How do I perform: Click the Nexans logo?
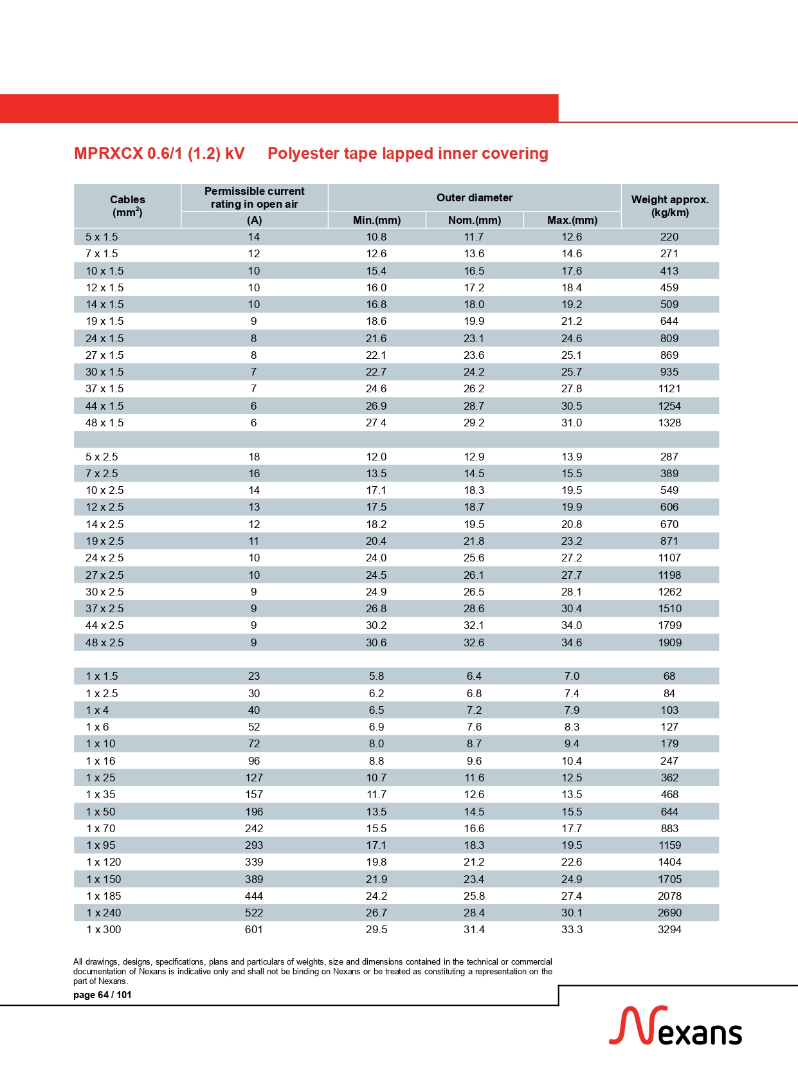[675, 1026]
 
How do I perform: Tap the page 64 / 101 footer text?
[102, 995]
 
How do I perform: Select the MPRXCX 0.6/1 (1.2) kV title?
[159, 154]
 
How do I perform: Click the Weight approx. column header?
[669, 206]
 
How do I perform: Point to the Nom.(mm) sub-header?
[474, 220]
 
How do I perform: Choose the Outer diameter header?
[475, 197]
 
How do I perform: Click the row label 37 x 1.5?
[104, 388]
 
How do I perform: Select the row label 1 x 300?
[104, 929]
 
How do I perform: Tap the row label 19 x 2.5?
[104, 541]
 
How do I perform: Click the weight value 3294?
[669, 929]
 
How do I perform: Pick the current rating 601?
[254, 929]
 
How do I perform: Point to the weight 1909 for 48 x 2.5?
[669, 642]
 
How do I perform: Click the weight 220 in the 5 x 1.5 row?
[669, 237]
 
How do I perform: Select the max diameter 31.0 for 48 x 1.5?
[572, 423]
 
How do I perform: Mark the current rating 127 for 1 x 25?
[254, 778]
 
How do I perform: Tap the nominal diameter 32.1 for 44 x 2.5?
[474, 625]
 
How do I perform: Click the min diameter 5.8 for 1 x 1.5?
[376, 676]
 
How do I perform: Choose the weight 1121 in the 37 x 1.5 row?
[669, 388]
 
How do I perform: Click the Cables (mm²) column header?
[127, 206]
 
